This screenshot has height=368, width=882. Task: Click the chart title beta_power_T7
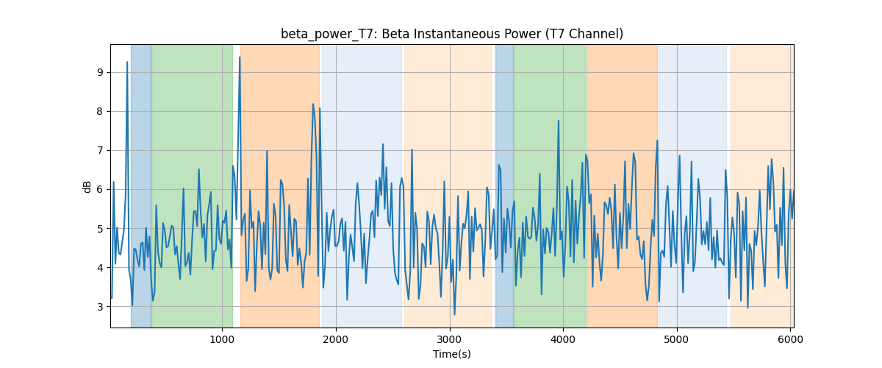[x=451, y=34]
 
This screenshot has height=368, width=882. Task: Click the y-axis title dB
[x=87, y=186]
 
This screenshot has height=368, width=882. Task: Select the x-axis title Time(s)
[x=451, y=354]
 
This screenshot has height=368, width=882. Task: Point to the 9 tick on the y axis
[x=101, y=73]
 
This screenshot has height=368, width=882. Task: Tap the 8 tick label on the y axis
[x=101, y=112]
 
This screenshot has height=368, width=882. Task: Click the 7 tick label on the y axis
[x=101, y=151]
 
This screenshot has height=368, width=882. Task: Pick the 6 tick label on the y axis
[x=101, y=190]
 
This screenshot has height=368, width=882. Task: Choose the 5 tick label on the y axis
[x=101, y=229]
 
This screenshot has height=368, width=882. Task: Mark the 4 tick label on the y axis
[x=101, y=268]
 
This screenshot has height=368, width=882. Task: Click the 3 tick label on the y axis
[x=101, y=307]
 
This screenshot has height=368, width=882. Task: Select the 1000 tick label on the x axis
[x=222, y=339]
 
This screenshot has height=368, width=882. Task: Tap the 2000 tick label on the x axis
[x=336, y=339]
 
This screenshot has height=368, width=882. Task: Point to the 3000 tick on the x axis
[x=450, y=339]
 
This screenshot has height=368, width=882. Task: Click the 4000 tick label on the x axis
[x=563, y=339]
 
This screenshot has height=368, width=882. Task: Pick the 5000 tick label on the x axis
[x=677, y=339]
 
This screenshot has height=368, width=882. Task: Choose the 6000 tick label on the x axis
[x=791, y=339]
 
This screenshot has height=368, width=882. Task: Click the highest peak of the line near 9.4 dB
[x=240, y=57]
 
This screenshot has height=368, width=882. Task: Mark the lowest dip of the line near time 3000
[x=454, y=314]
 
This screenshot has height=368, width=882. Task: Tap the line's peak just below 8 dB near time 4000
[x=559, y=121]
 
